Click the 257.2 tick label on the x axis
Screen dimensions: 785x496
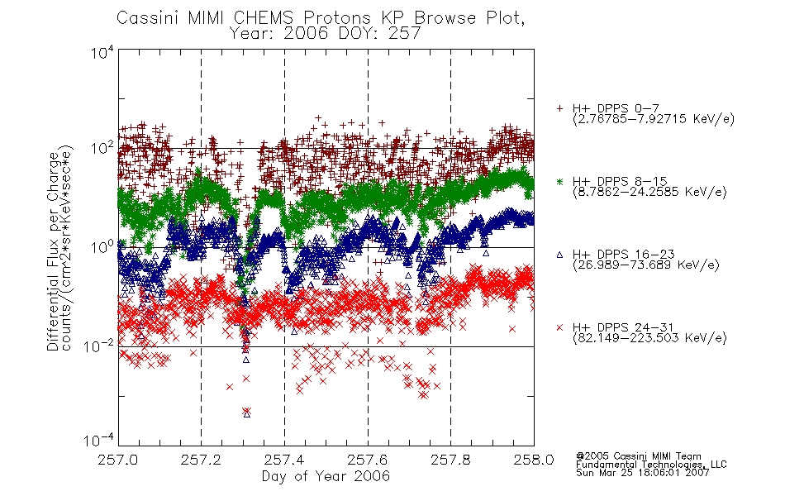pos(201,460)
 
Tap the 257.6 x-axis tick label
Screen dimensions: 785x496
pos(368,460)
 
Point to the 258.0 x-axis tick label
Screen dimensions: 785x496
pos(534,460)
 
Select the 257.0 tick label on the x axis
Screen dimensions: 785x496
pos(117,460)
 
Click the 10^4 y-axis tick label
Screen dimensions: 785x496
pos(102,52)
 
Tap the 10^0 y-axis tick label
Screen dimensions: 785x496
pos(102,246)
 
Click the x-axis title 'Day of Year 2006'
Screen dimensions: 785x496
pos(326,476)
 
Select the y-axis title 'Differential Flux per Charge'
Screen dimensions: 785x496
pos(53,251)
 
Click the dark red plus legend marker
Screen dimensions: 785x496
pos(559,108)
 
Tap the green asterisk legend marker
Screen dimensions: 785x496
pos(559,181)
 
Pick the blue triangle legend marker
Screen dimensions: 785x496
pos(559,255)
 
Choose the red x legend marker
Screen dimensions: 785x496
pos(559,327)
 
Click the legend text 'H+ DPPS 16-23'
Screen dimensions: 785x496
pos(623,254)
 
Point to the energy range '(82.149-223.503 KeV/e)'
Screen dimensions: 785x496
pos(649,337)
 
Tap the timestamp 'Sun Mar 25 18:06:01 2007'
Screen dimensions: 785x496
pos(642,473)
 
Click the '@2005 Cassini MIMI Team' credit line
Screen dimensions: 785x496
pos(638,456)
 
